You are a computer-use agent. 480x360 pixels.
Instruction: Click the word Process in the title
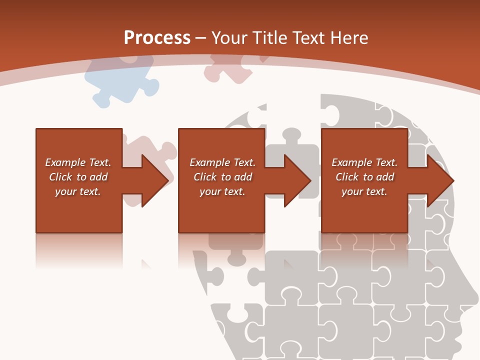157,37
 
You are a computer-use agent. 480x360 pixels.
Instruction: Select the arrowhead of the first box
155,180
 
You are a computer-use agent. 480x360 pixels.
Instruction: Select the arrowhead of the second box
298,180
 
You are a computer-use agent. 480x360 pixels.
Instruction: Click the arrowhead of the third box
440,180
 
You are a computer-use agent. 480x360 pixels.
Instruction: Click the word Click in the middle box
205,177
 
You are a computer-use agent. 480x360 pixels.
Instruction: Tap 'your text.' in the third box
364,191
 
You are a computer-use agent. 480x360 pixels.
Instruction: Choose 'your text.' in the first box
78,191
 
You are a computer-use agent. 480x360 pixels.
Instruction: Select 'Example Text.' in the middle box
222,162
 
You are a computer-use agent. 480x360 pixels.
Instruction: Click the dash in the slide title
201,38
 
